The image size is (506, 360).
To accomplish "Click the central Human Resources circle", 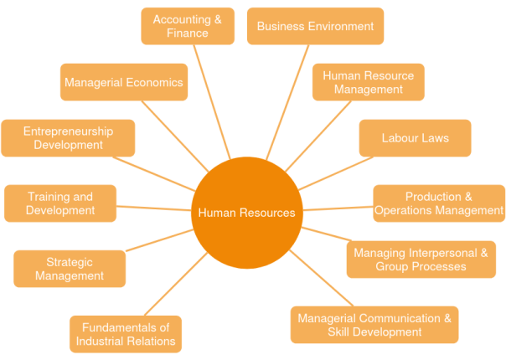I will click(x=245, y=212).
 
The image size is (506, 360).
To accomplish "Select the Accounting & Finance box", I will click(x=187, y=26).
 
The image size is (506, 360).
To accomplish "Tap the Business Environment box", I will click(x=315, y=26).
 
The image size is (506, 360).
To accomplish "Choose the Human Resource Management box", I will click(x=369, y=82).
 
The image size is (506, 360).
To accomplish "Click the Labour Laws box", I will click(x=415, y=137).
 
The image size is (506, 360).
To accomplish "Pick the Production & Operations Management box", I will click(x=439, y=203).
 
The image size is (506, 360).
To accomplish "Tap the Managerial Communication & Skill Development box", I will click(x=374, y=325).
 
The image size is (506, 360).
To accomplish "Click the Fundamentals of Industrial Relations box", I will click(x=126, y=334).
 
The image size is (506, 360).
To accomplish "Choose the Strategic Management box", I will click(x=70, y=269).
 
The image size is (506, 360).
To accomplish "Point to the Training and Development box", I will click(x=60, y=203).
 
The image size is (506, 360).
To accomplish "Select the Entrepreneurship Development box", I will click(x=68, y=138).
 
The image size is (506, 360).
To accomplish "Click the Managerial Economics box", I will click(x=123, y=83).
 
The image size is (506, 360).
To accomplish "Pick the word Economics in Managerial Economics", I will click(x=154, y=83).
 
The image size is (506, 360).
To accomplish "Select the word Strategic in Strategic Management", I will click(x=70, y=261).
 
